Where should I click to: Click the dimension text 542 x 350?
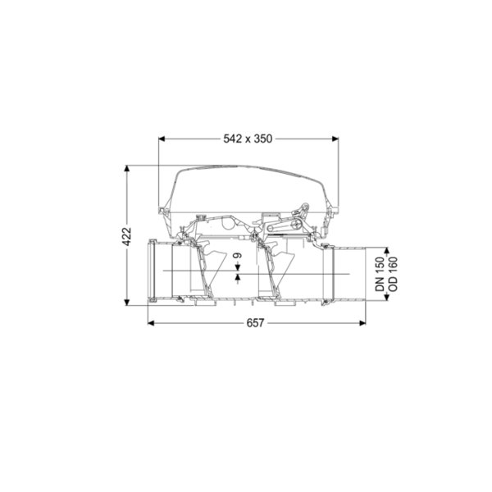(x=248, y=139)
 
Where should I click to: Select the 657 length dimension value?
(x=255, y=323)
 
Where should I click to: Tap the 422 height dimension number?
(x=127, y=236)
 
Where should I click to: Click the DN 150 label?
(x=380, y=274)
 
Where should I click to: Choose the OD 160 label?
(x=393, y=274)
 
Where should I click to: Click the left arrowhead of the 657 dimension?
(x=151, y=323)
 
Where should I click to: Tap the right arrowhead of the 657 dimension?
(x=362, y=323)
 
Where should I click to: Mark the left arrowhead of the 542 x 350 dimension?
(x=162, y=139)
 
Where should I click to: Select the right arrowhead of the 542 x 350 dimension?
(x=335, y=139)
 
